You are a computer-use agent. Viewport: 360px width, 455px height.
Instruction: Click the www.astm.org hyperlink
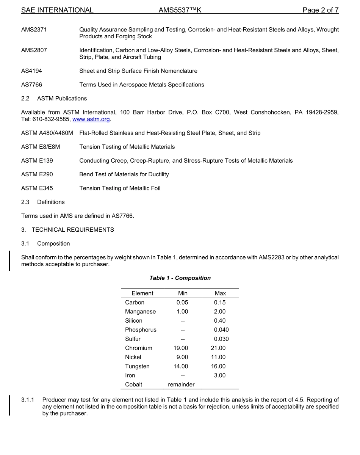[91, 119]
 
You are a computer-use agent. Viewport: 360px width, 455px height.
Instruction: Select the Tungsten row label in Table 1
[137, 366]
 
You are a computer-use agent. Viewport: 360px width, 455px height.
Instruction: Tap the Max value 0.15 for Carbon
[219, 303]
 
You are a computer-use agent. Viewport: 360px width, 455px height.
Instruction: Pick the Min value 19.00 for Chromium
[181, 348]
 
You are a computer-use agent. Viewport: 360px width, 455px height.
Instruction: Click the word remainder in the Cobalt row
[181, 384]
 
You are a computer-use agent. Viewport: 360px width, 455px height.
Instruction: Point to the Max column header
[220, 293]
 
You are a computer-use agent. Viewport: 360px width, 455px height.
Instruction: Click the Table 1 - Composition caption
[180, 278]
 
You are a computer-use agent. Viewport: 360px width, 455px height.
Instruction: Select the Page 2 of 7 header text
[320, 10]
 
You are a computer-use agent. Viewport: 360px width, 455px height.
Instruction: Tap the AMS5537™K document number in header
[180, 10]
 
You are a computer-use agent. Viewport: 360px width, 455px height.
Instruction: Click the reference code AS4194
[31, 71]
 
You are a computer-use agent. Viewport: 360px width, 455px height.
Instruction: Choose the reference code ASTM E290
[37, 174]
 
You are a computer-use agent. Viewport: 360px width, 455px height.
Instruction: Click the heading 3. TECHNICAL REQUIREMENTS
[67, 230]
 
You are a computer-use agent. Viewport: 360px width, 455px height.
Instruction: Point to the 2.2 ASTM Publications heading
[54, 99]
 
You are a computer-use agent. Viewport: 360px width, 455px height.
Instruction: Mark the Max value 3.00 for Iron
[219, 375]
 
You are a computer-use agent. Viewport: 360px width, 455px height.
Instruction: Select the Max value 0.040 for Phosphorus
[221, 330]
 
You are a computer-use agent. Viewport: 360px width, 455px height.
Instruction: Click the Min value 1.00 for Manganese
[182, 312]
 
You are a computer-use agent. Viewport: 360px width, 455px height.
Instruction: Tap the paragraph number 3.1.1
[28, 400]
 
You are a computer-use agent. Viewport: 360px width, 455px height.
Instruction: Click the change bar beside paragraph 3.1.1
[10, 405]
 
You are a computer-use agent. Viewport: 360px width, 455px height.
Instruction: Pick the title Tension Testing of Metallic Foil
[120, 188]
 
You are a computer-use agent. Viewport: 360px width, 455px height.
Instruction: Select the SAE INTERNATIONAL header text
[57, 10]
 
